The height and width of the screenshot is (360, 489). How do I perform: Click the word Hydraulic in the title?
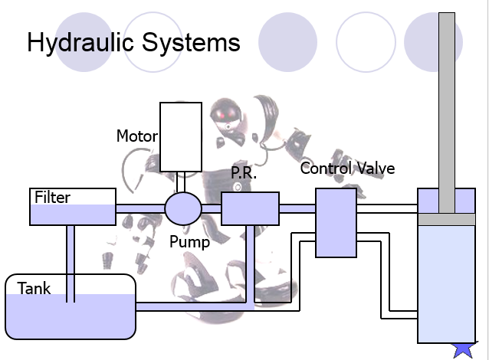pos(80,43)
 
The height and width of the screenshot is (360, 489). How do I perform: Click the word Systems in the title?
pos(191,42)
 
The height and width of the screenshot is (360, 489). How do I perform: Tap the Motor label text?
pos(137,136)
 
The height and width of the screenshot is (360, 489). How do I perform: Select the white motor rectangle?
pos(181,137)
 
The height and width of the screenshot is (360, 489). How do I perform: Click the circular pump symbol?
pos(183,208)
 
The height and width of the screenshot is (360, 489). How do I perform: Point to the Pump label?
pos(189,242)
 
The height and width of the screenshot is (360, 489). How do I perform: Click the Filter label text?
pos(52,198)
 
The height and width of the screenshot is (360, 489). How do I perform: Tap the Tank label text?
pos(34,288)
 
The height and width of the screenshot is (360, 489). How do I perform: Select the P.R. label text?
pos(244,172)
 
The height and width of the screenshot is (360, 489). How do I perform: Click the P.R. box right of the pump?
pos(250,208)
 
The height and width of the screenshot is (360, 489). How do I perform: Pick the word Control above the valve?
pos(326,169)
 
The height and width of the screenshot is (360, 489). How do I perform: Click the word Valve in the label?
pos(376,169)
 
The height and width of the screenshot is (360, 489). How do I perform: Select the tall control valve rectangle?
pos(336,223)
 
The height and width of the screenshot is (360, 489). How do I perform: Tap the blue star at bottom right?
pos(464,350)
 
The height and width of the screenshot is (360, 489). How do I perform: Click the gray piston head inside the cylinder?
pos(447,219)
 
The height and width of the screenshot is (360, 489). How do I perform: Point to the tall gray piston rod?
pos(447,113)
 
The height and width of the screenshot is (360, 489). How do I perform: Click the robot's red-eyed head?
pos(226,114)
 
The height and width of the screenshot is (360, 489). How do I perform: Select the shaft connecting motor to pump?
pos(181,182)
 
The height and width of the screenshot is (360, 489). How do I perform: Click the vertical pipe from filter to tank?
pos(71,263)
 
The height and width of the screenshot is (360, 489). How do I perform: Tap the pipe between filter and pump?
pos(140,208)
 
